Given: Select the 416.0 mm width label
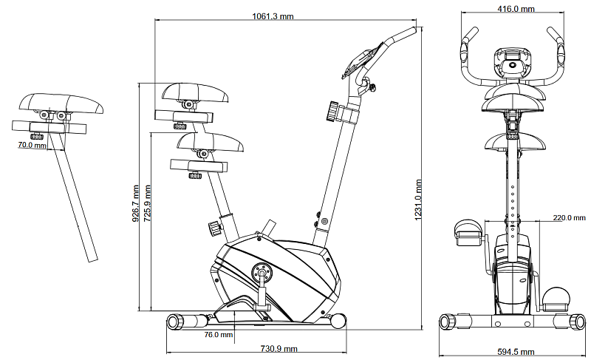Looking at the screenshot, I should click(516, 9).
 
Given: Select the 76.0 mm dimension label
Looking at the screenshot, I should click(219, 335).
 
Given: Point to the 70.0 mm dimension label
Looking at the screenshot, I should click(32, 146).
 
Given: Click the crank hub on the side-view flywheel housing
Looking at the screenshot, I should click(261, 273).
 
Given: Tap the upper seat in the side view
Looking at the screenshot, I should click(197, 92).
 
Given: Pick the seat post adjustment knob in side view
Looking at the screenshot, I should click(214, 226).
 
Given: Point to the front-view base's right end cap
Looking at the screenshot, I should click(578, 322).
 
